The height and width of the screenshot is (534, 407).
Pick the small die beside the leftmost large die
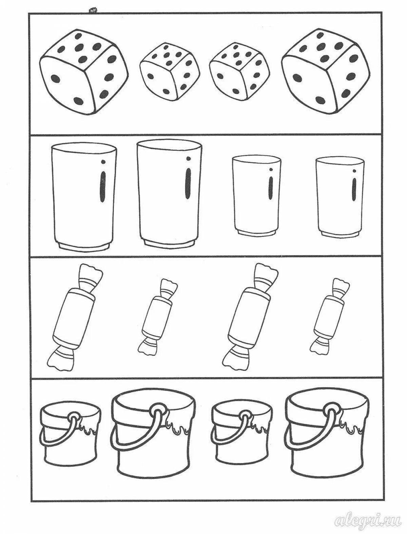pos(170,72)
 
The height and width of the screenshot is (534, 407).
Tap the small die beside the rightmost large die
pos(239,72)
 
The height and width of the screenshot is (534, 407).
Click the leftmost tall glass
pos(84,197)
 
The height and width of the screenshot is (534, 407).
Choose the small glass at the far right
pos(340,197)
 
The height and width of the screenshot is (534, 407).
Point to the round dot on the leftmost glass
pos(103,161)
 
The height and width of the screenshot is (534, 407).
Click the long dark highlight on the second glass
pos(188,184)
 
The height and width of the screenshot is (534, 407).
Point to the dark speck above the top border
pos(93,11)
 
